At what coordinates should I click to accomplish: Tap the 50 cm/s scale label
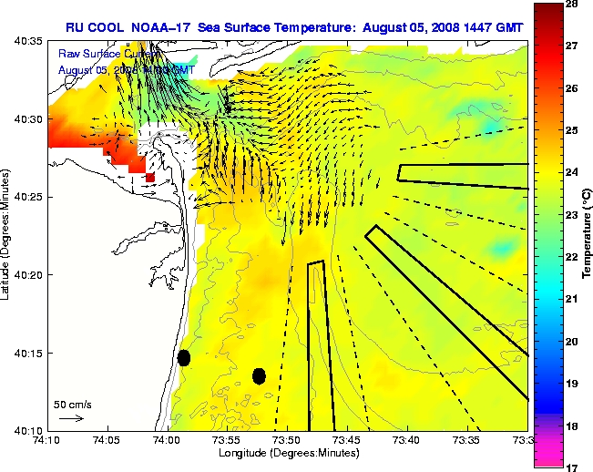(x=72, y=404)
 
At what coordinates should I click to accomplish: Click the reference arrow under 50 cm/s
(x=71, y=418)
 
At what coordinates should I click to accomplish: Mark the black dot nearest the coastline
(x=184, y=357)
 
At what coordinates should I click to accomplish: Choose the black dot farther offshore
(x=259, y=375)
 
